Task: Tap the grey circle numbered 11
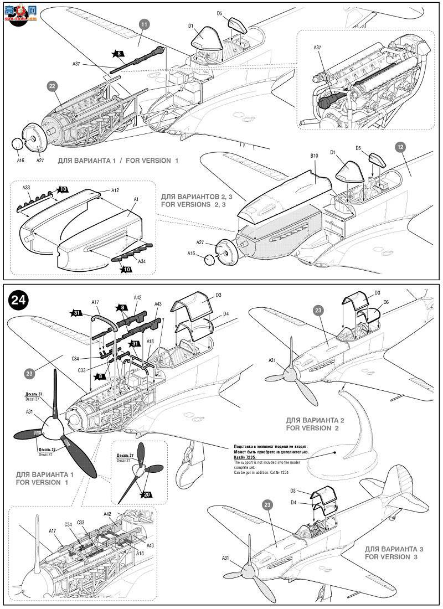point(144,24)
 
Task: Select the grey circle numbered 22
point(51,86)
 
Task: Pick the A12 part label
point(115,190)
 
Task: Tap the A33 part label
point(27,188)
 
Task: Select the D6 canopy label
point(386,302)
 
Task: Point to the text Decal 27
point(122,460)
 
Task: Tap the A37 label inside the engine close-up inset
point(317,48)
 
